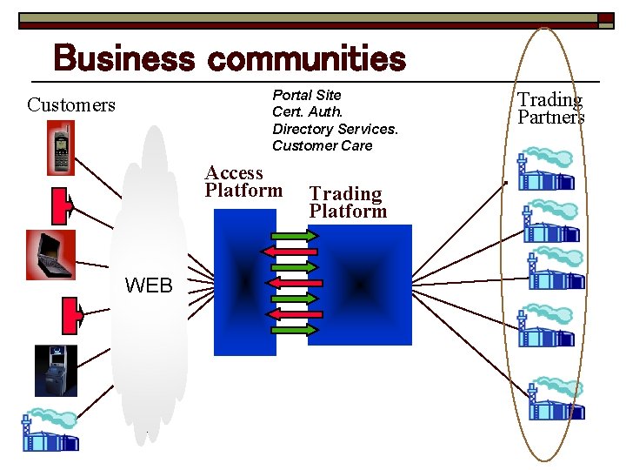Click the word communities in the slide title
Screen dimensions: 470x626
coord(307,59)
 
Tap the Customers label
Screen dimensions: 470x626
coord(71,105)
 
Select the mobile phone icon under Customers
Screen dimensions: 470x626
coord(61,148)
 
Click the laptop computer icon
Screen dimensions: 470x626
coord(50,254)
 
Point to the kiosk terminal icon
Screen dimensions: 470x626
coord(56,371)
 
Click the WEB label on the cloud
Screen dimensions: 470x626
coord(149,285)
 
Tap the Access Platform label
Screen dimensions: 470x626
coord(243,181)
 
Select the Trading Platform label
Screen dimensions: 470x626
coord(348,202)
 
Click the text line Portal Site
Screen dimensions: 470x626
coord(307,95)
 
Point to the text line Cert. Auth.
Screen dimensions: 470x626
coord(308,111)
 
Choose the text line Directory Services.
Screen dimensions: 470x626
coord(335,129)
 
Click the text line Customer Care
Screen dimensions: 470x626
coord(322,145)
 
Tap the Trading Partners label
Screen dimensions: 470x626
coord(551,109)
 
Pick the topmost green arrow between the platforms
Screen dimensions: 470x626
coord(294,235)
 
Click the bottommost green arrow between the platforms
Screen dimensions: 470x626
coord(294,330)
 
